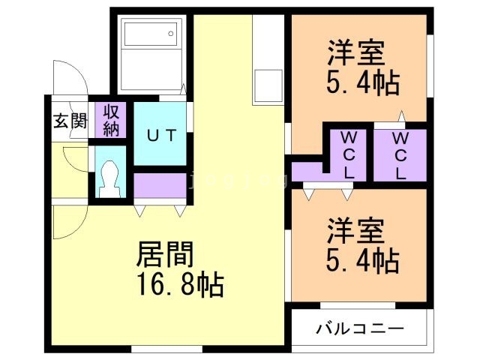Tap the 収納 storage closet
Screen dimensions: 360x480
112,120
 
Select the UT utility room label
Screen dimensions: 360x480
160,136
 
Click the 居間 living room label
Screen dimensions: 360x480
164,255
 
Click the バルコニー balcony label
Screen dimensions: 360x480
359,329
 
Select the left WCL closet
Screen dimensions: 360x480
349,154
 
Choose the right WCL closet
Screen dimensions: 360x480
400,154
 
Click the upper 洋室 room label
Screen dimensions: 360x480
355,53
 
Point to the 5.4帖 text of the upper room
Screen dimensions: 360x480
362,81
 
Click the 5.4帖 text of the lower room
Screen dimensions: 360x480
362,260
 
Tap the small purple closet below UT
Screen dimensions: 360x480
160,184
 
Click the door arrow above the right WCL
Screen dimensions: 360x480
402,117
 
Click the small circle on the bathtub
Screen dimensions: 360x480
172,32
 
